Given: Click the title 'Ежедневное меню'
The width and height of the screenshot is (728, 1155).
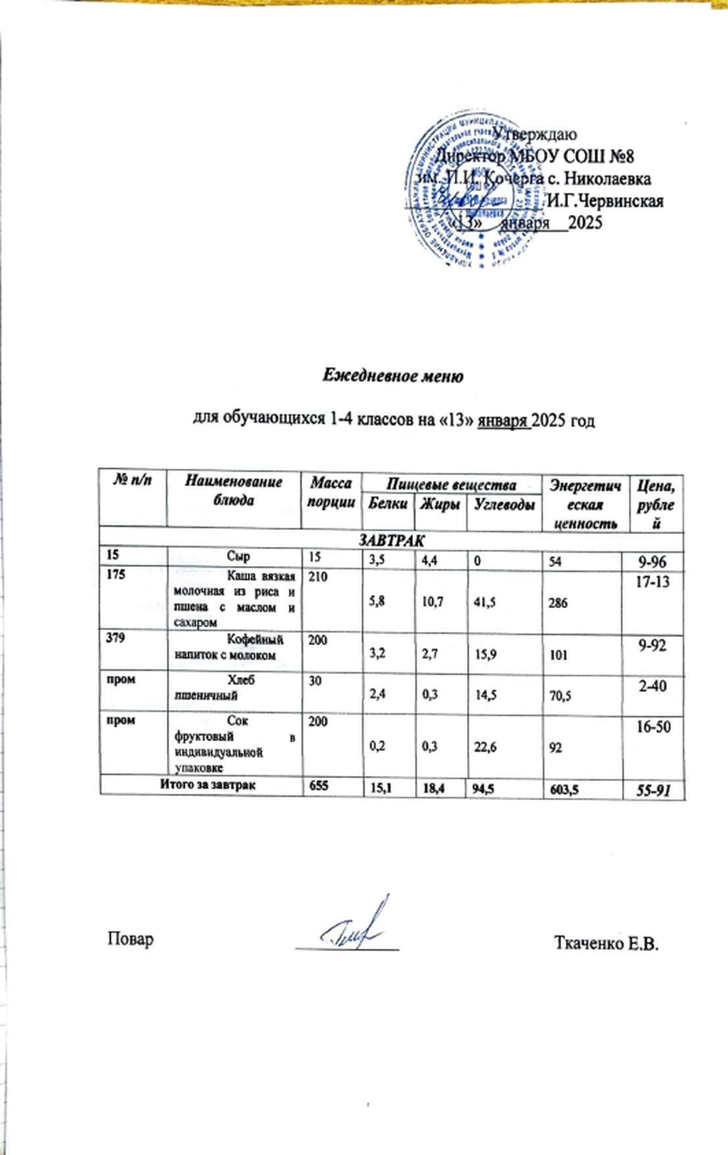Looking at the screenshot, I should point(393,376).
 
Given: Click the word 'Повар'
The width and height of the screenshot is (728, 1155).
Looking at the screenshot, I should point(130,939).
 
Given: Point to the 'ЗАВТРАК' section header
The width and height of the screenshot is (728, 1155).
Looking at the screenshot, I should point(391,541).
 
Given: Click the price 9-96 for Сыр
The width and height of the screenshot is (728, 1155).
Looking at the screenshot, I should point(653,561).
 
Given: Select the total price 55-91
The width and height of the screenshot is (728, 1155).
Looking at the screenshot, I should point(653,789).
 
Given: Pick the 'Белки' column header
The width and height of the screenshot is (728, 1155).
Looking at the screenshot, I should point(387,504).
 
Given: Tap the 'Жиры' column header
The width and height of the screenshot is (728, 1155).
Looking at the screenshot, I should point(439,504).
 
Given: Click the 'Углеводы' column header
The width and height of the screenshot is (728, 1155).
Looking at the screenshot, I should point(503,504).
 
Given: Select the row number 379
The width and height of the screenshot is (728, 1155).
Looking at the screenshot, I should point(115,638).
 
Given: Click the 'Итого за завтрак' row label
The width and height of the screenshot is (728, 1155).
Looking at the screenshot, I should point(208,784).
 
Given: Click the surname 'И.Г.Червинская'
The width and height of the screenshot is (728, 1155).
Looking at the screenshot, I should point(604,201).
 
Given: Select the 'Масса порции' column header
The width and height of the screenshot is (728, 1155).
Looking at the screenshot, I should point(331,492).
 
